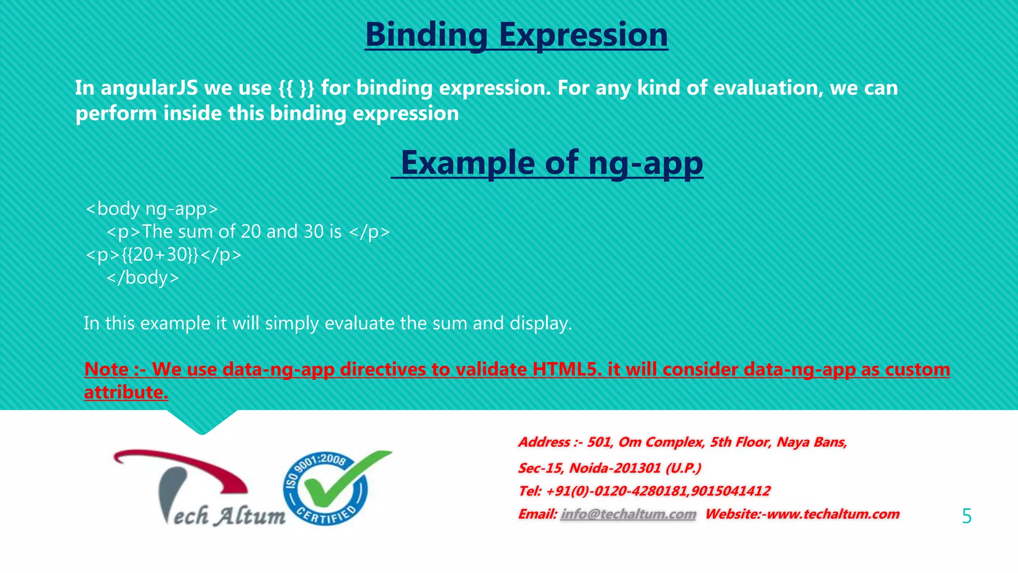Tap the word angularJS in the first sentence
(149, 88)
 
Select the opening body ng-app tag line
(152, 208)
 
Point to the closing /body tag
(143, 277)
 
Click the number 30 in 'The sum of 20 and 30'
(314, 231)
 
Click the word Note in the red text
(106, 369)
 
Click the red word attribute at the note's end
(125, 392)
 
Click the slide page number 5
(966, 516)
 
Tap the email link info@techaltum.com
(628, 514)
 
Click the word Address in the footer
(544, 442)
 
